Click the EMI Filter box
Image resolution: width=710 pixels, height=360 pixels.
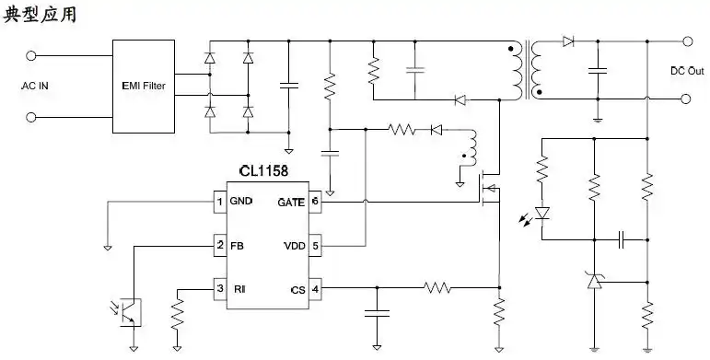pyautogui.click(x=145, y=86)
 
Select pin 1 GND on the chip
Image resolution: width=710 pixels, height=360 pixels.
pyautogui.click(x=219, y=202)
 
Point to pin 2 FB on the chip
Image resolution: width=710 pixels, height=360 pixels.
pyautogui.click(x=219, y=246)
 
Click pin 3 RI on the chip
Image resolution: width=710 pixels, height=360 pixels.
pyautogui.click(x=219, y=289)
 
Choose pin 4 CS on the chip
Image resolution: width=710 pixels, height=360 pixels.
pyautogui.click(x=315, y=289)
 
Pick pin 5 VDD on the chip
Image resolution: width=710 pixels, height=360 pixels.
pyautogui.click(x=315, y=246)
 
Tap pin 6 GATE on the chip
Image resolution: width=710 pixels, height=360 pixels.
pyautogui.click(x=315, y=202)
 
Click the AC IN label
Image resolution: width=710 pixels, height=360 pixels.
pyautogui.click(x=34, y=87)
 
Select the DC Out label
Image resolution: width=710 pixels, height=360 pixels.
pyautogui.click(x=686, y=71)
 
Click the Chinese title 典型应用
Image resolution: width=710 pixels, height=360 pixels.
pyautogui.click(x=41, y=16)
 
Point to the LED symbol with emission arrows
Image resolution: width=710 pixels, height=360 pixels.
pyautogui.click(x=541, y=214)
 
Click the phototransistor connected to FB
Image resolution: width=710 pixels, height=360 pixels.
pyautogui.click(x=131, y=310)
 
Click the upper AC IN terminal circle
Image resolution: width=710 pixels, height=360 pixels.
pyautogui.click(x=34, y=55)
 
